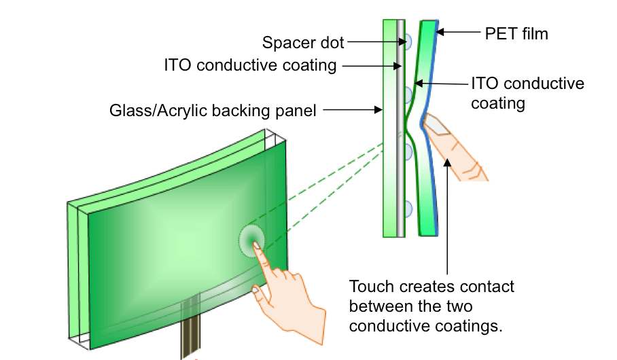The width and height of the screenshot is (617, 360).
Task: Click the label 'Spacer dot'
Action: click(303, 43)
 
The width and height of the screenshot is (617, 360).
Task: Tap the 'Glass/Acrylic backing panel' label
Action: click(213, 110)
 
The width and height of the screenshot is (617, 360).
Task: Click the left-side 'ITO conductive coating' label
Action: click(250, 66)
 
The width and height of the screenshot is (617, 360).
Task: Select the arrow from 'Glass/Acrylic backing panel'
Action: click(353, 109)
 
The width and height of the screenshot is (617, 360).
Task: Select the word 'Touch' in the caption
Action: click(371, 287)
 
